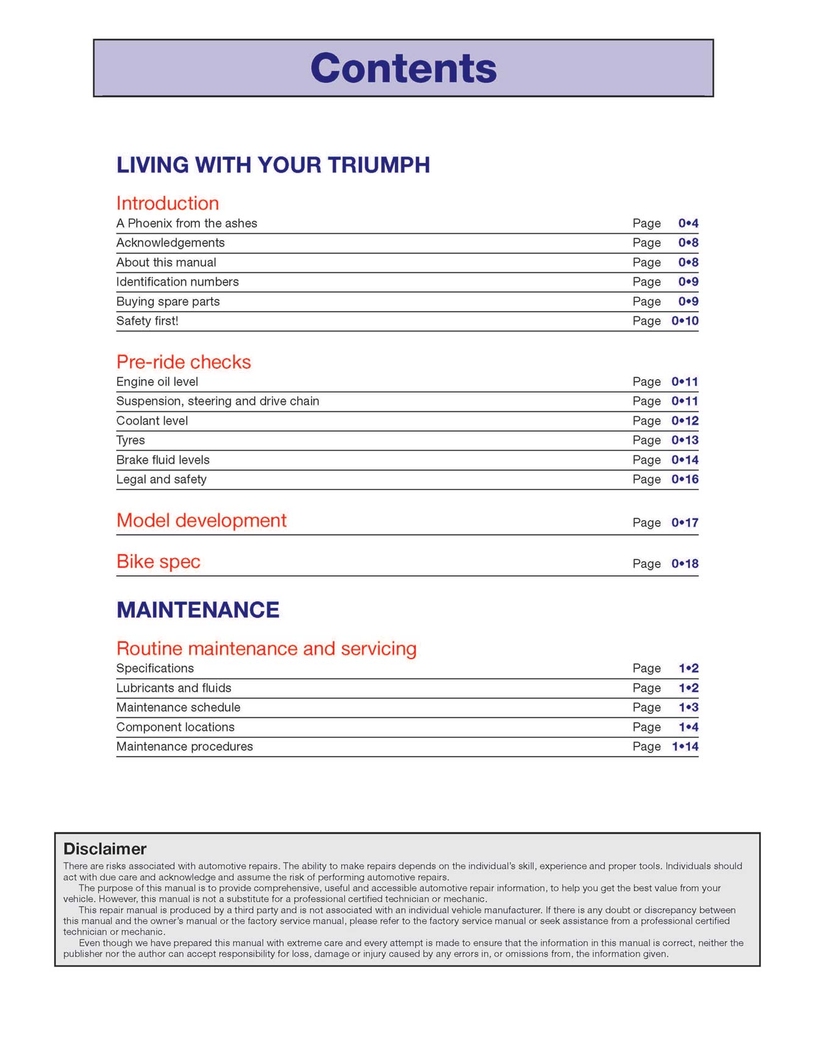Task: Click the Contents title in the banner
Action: pos(403,68)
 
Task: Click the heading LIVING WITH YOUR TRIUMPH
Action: pos(273,165)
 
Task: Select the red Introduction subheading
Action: pos(167,203)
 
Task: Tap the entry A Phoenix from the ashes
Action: pos(187,223)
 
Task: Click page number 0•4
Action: pos(688,223)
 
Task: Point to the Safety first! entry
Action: pos(147,321)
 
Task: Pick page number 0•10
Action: pos(684,321)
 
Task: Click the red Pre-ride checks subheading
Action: pos(183,362)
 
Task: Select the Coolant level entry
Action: pos(152,421)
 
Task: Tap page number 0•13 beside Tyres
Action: pos(684,441)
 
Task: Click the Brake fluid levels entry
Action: pos(163,460)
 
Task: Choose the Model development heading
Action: pos(201,521)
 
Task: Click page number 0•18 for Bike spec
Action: pos(684,564)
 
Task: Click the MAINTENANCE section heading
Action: pos(198,610)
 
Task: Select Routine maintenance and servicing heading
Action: pos(266,648)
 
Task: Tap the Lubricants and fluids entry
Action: pos(174,688)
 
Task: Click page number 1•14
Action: pos(684,746)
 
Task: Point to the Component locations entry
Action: pos(175,727)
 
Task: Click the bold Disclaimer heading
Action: pos(105,849)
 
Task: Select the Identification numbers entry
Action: pos(178,282)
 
